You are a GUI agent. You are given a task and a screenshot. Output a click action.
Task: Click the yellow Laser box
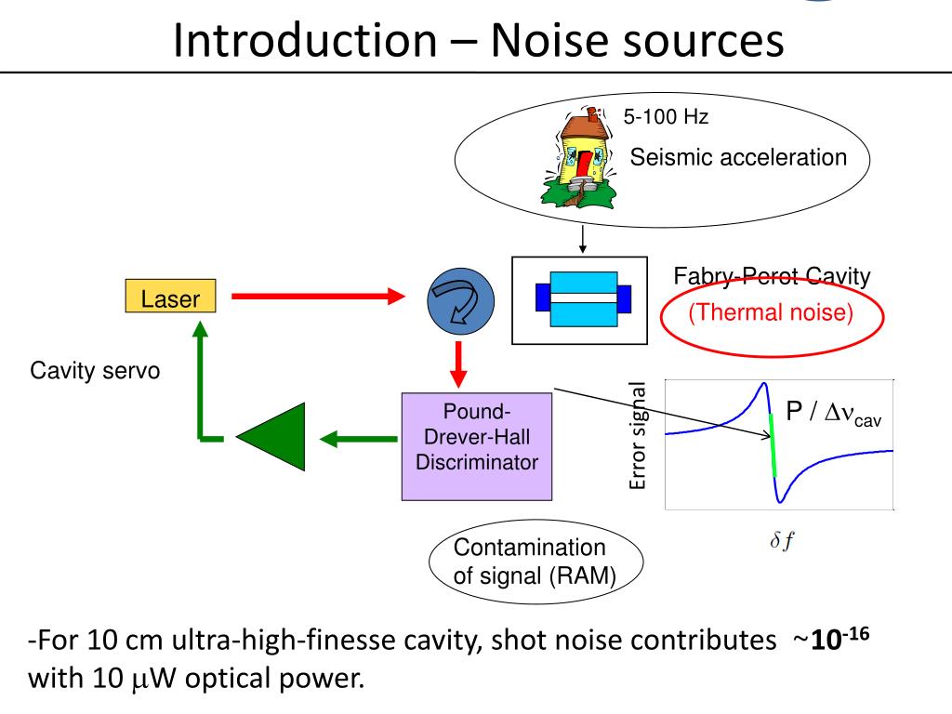[x=170, y=297]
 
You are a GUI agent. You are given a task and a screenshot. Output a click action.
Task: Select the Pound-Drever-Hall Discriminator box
[x=477, y=446]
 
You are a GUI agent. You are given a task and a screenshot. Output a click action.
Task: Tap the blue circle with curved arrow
[x=461, y=302]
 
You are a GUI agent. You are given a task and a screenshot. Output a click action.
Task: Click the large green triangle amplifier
[x=271, y=436]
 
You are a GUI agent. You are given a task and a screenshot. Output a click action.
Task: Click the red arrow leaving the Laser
[x=317, y=297]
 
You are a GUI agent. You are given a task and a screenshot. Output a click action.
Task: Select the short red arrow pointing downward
[x=457, y=364]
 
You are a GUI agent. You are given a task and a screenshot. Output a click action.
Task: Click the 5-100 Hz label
[x=666, y=118]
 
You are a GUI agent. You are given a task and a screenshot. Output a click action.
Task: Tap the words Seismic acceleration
[x=739, y=157]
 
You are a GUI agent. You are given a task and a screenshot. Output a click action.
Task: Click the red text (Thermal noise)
[x=771, y=312]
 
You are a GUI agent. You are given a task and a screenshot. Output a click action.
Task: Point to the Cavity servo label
[x=95, y=372]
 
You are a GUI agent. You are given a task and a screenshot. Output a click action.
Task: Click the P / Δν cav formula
[x=833, y=414]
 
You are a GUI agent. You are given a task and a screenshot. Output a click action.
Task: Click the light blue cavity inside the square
[x=584, y=298]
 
